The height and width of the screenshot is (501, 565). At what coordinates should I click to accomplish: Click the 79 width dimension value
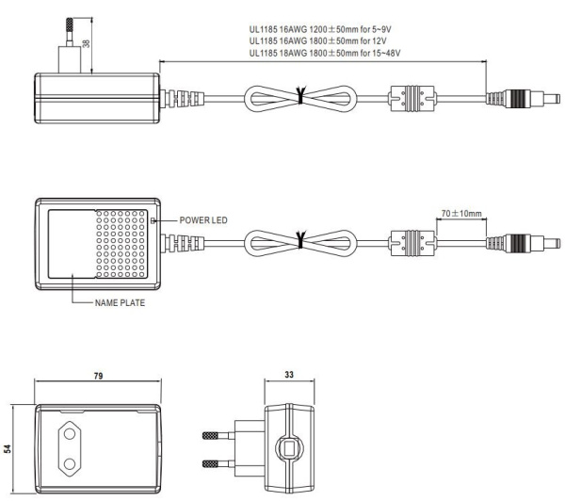pos(98,374)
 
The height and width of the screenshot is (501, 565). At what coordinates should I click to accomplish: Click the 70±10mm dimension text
pos(461,214)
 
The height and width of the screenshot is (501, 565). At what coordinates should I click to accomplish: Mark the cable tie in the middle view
pos(300,241)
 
